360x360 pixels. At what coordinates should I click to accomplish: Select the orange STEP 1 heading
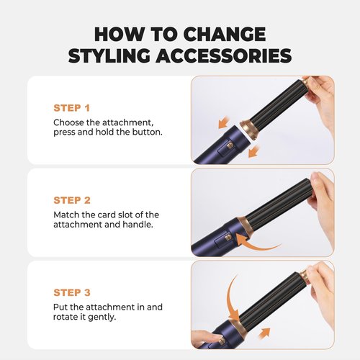coord(72,107)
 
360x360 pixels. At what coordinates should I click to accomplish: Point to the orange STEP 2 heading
coord(73,199)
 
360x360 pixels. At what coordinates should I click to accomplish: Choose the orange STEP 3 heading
coord(73,292)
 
